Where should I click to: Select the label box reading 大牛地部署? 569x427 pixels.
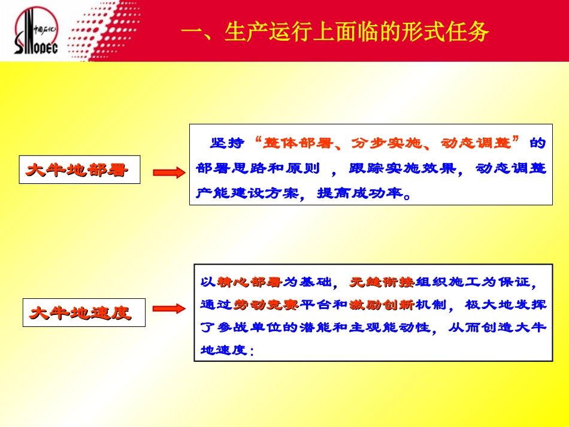point(78,170)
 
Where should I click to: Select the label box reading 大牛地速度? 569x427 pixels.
point(83,313)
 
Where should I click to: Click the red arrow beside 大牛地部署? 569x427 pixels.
point(167,172)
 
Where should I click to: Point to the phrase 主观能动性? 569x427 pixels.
point(398,328)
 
